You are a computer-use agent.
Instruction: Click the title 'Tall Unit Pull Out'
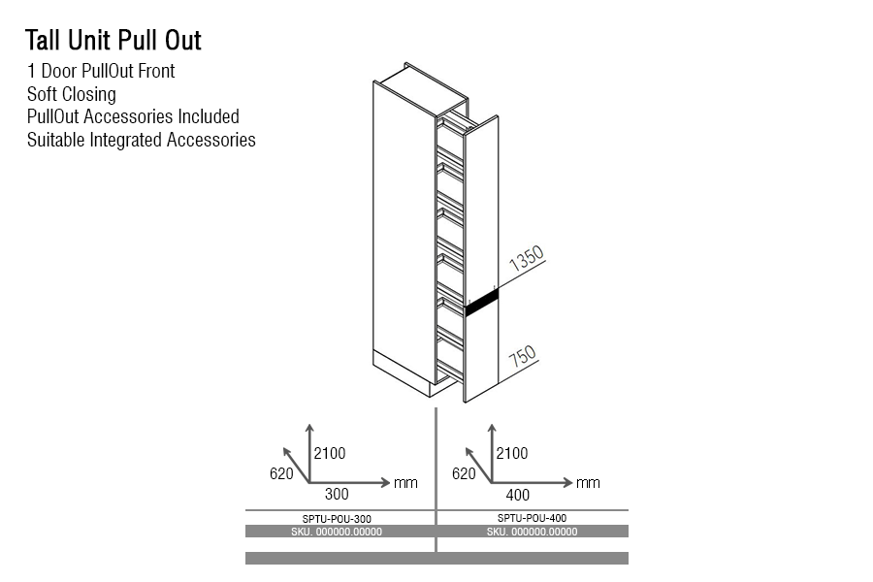tap(113, 41)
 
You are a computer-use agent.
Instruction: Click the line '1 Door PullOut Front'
tap(101, 71)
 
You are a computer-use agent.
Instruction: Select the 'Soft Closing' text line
tap(72, 94)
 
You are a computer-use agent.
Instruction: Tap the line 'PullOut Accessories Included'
tap(133, 116)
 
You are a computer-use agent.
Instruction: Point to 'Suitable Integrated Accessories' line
tap(142, 140)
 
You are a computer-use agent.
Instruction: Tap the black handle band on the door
tap(481, 301)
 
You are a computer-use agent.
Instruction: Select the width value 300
tap(337, 494)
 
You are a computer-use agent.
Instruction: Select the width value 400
tap(519, 494)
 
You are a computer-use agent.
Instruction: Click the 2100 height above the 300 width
tap(330, 453)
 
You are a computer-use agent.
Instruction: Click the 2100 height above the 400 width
tap(512, 453)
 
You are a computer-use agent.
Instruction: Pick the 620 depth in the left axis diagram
tap(281, 473)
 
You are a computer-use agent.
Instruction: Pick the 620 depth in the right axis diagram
tap(464, 473)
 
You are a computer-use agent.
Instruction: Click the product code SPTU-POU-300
tap(337, 519)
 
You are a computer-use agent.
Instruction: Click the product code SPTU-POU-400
tap(532, 519)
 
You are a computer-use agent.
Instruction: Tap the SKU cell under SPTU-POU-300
tap(337, 532)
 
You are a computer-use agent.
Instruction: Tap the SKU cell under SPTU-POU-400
tap(532, 532)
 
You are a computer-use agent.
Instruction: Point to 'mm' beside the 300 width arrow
tap(405, 483)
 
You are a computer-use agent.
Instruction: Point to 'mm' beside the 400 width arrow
tap(588, 483)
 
